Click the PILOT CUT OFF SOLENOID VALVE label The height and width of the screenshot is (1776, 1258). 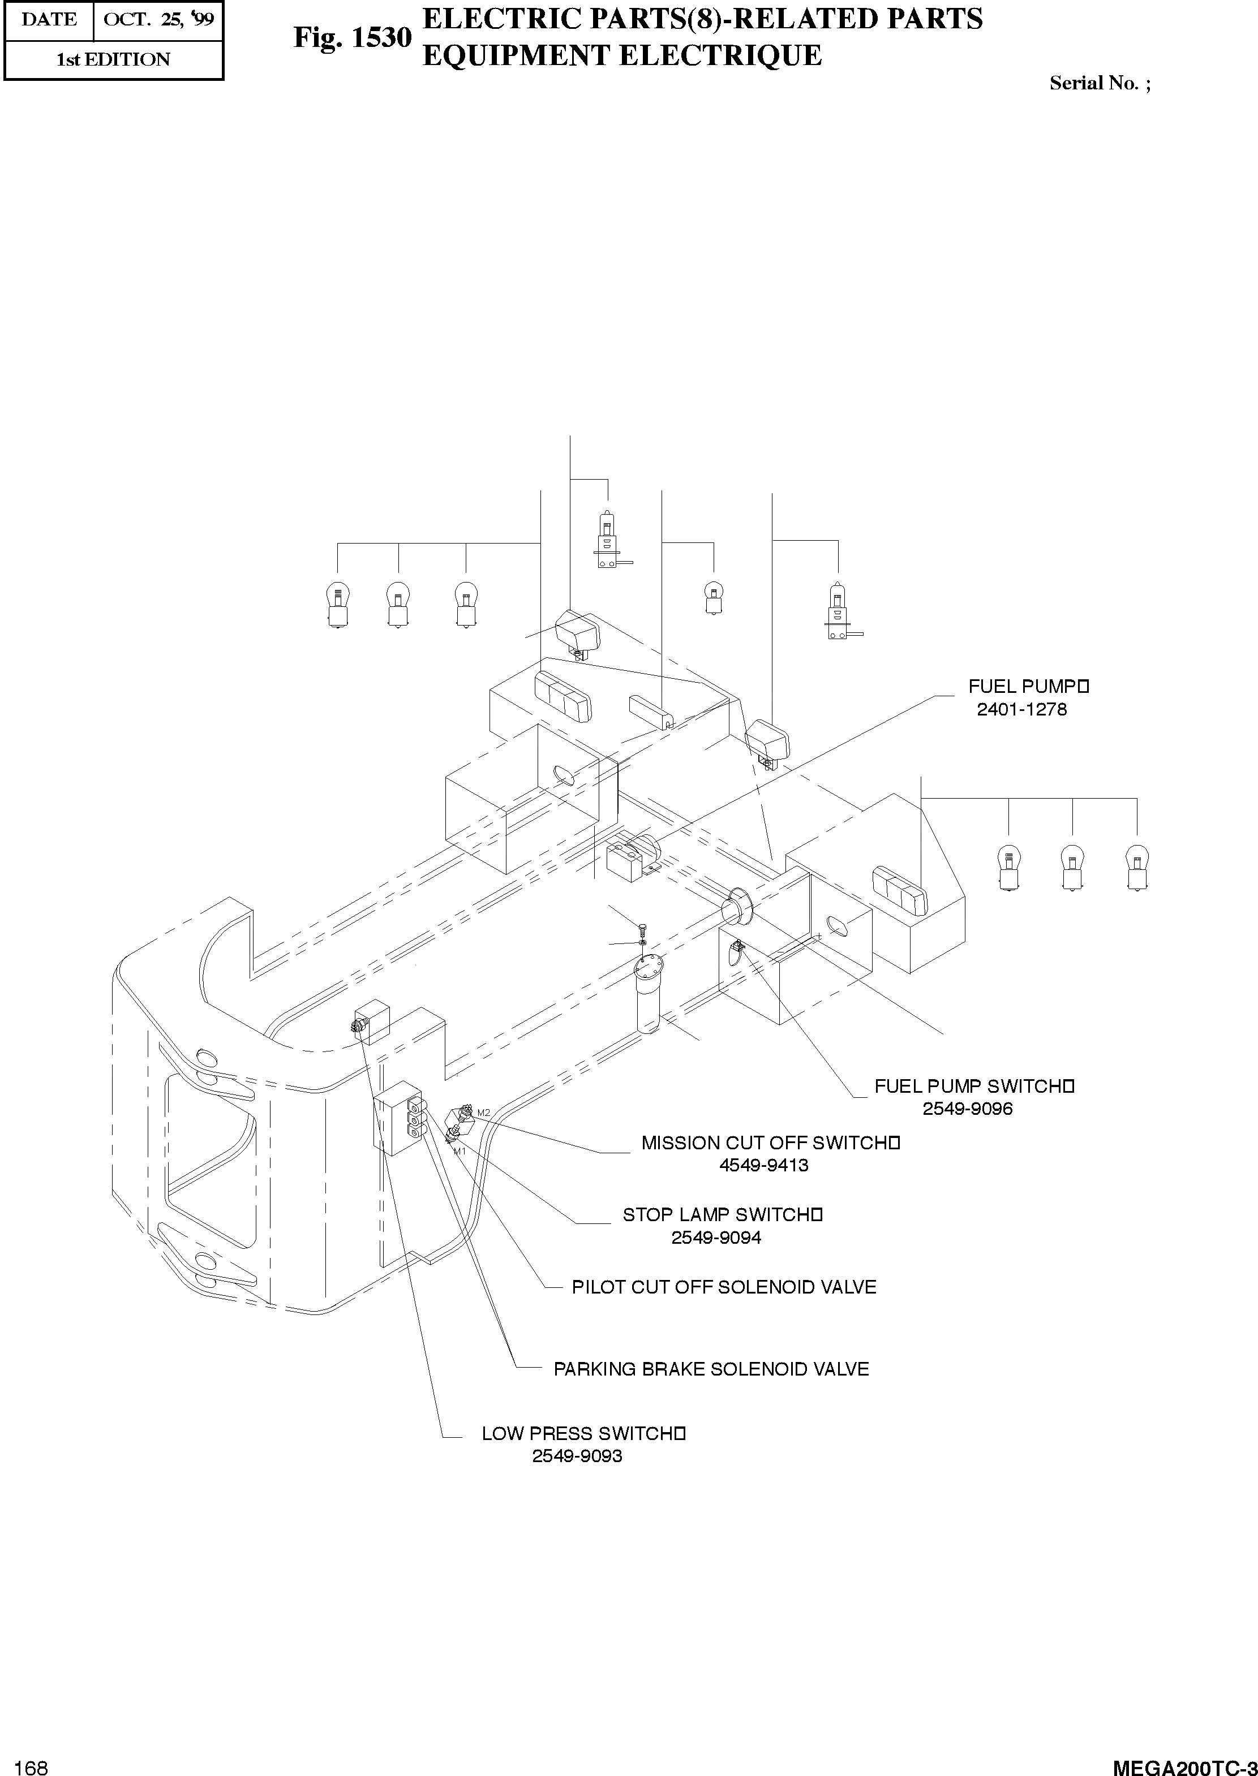pos(723,1287)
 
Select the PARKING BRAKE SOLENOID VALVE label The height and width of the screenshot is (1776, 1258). pos(711,1369)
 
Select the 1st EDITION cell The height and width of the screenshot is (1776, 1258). pos(113,59)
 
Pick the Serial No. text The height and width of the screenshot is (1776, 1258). pos(1099,84)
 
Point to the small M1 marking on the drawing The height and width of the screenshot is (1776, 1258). pos(460,1150)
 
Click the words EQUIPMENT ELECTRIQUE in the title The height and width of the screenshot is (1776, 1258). pos(621,56)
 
